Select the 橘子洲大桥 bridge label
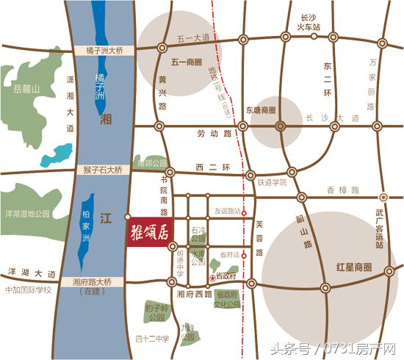coord(103,50)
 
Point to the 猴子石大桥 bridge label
coord(102,170)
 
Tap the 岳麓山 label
coord(24,89)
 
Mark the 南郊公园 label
coord(152,163)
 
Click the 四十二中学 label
coord(152,339)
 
